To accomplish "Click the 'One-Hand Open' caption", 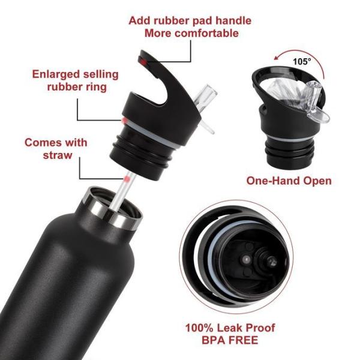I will click(x=289, y=181).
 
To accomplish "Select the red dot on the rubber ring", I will click(x=124, y=122).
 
